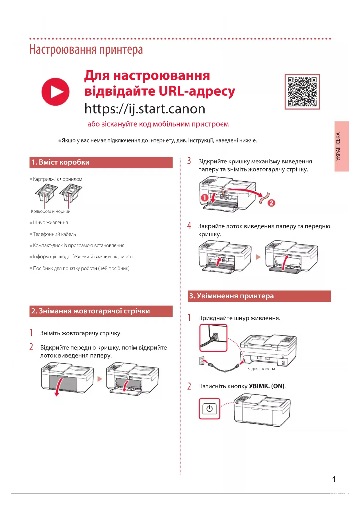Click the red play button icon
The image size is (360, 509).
tap(55, 92)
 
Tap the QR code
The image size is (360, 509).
tap(302, 92)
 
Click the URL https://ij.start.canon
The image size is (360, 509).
tap(145, 109)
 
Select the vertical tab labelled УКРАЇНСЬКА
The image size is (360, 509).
tap(341, 146)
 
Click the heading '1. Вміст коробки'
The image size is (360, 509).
tap(61, 162)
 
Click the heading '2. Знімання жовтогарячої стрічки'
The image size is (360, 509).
tap(91, 311)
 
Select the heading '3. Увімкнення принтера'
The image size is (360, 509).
tap(231, 296)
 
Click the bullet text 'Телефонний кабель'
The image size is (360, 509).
tap(55, 234)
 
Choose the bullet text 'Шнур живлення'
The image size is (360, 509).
tap(50, 223)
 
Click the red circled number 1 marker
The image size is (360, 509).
tap(205, 198)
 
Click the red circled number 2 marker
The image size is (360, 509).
tap(271, 203)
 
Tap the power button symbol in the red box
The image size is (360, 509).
tap(209, 409)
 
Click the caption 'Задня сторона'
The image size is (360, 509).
tap(261, 369)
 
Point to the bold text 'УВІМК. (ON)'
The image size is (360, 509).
tap(267, 386)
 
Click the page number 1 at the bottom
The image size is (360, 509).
tap(334, 479)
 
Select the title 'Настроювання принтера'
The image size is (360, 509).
tap(86, 50)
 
